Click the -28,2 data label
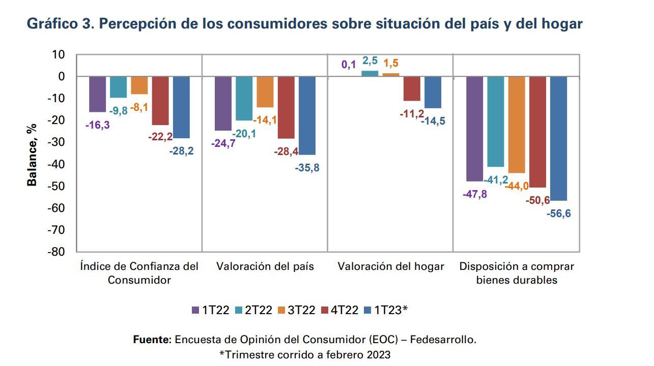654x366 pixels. [181, 151]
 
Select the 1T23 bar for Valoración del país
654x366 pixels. [307, 115]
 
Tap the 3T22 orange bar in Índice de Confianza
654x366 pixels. [139, 85]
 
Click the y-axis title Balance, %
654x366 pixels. [32, 154]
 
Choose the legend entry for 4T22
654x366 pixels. [340, 310]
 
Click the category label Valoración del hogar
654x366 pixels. [391, 266]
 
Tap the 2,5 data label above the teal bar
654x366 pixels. [369, 61]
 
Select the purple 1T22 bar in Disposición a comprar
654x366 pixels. [474, 129]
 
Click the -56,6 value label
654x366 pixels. [558, 213]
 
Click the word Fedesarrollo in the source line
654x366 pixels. [443, 340]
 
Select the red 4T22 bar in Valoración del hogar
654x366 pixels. [412, 89]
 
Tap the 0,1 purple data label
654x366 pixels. [349, 65]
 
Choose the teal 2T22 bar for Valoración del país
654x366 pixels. [244, 99]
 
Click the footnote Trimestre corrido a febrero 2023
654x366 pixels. [305, 354]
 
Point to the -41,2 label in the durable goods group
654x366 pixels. [496, 179]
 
